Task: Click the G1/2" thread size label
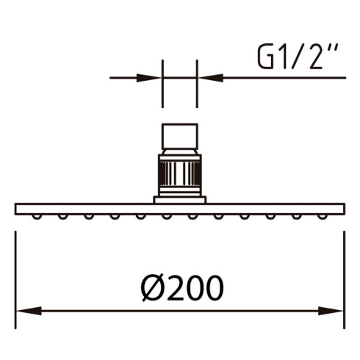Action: (x=298, y=56)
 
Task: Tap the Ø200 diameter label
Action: (x=182, y=288)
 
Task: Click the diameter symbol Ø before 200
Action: (x=152, y=288)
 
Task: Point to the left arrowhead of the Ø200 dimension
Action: (x=29, y=311)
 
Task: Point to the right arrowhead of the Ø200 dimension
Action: (x=331, y=311)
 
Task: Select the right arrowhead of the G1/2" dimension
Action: (x=211, y=78)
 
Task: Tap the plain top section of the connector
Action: (x=180, y=137)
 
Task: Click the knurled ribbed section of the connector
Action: (x=180, y=173)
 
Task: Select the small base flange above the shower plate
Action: (x=180, y=200)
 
